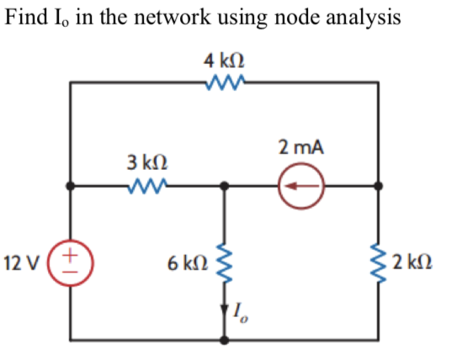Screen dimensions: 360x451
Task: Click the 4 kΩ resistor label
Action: (224, 61)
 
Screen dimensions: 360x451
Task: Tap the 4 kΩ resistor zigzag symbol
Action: (224, 82)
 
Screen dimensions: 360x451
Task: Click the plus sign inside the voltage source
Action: (71, 251)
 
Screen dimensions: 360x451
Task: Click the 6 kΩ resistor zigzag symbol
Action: (224, 262)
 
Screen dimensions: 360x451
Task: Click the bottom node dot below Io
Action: (224, 340)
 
